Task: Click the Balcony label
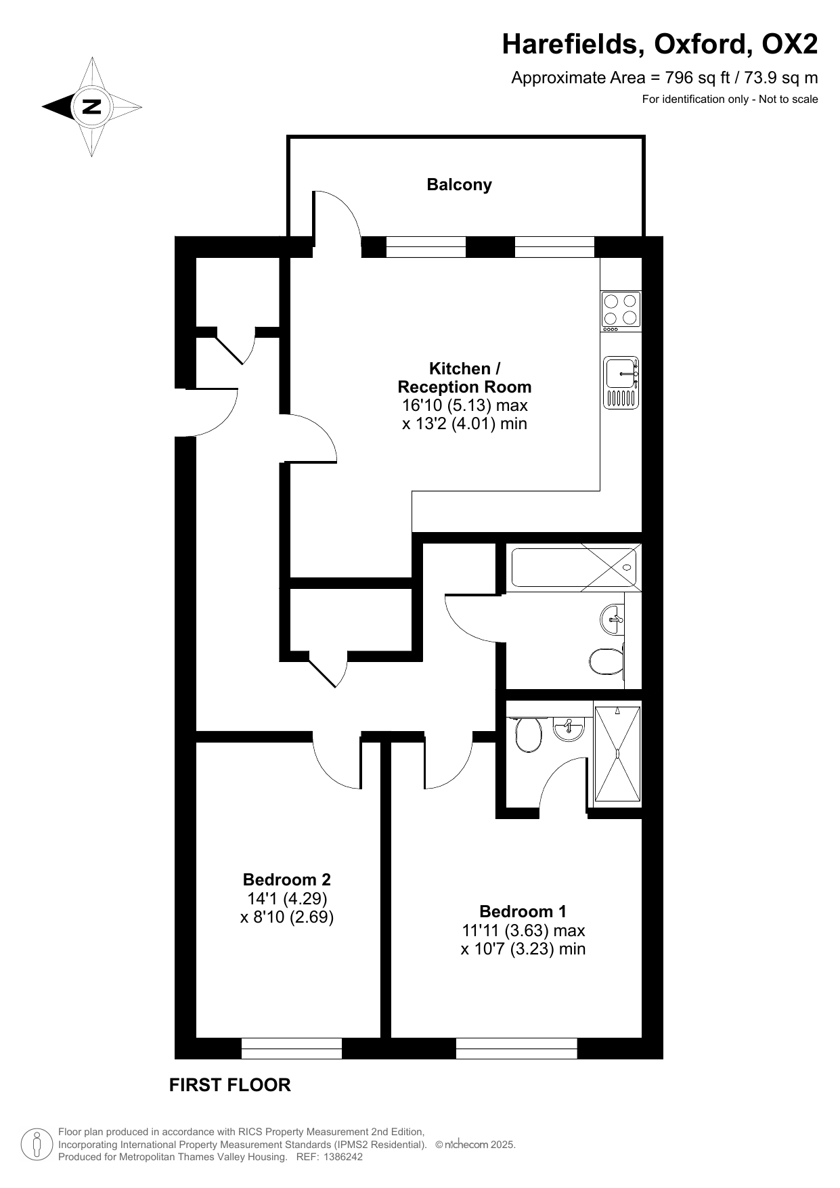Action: tap(459, 185)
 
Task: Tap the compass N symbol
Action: tap(91, 106)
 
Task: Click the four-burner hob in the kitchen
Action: tap(621, 310)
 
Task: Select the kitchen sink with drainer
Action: tap(621, 382)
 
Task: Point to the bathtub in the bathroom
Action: tap(574, 567)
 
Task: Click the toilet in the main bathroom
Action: tap(606, 661)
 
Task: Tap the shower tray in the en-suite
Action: tap(617, 753)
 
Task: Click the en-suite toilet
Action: tap(527, 734)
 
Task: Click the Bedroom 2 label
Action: tap(287, 880)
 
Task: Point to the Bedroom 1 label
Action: tap(523, 911)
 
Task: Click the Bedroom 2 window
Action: tap(292, 1049)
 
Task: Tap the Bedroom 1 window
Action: tap(516, 1049)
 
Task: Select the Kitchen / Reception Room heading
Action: tap(464, 378)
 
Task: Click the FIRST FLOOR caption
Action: tap(229, 1085)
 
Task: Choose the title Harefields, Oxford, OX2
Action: tap(660, 45)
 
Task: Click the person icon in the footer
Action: tap(37, 1144)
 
